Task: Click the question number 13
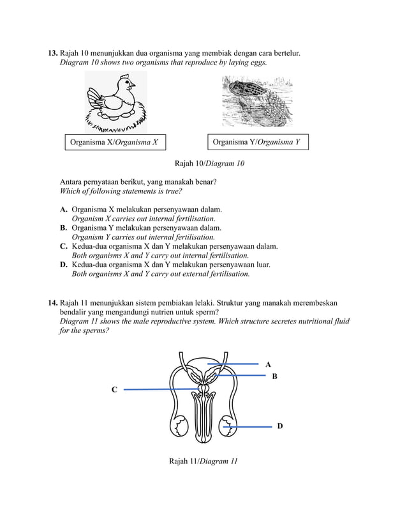53,53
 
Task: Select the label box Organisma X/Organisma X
114,143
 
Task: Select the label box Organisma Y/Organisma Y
256,142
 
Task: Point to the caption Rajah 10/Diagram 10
209,164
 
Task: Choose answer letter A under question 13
64,210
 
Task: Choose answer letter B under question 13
64,228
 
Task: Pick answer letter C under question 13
64,246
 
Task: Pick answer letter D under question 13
64,265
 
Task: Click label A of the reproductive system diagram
268,364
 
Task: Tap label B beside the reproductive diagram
275,377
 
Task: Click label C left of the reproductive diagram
114,389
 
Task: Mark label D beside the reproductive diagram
280,426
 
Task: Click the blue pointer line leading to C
159,389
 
